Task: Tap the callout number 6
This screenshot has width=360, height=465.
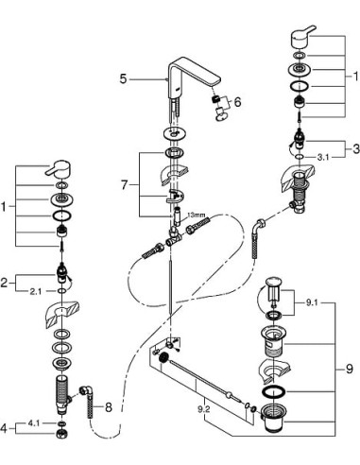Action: pyautogui.click(x=238, y=102)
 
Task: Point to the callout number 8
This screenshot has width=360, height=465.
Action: pyautogui.click(x=108, y=408)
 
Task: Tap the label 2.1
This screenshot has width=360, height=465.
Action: pyautogui.click(x=36, y=291)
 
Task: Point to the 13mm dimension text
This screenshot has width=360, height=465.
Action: pyautogui.click(x=195, y=215)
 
